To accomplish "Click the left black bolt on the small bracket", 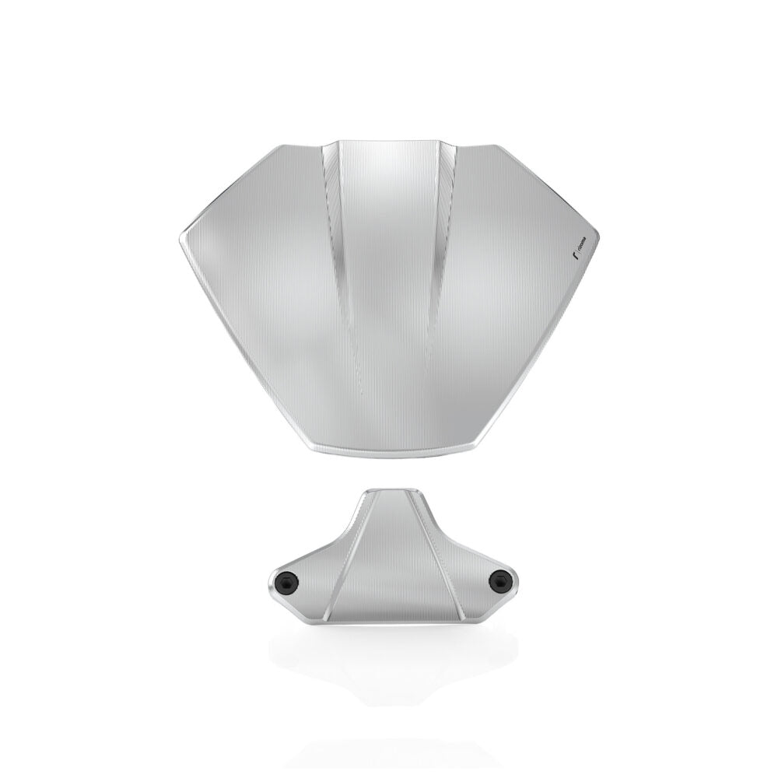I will click(286, 580).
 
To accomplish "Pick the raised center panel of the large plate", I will click(389, 257).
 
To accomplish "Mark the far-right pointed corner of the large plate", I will click(597, 233).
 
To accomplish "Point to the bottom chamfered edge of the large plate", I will click(389, 451).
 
